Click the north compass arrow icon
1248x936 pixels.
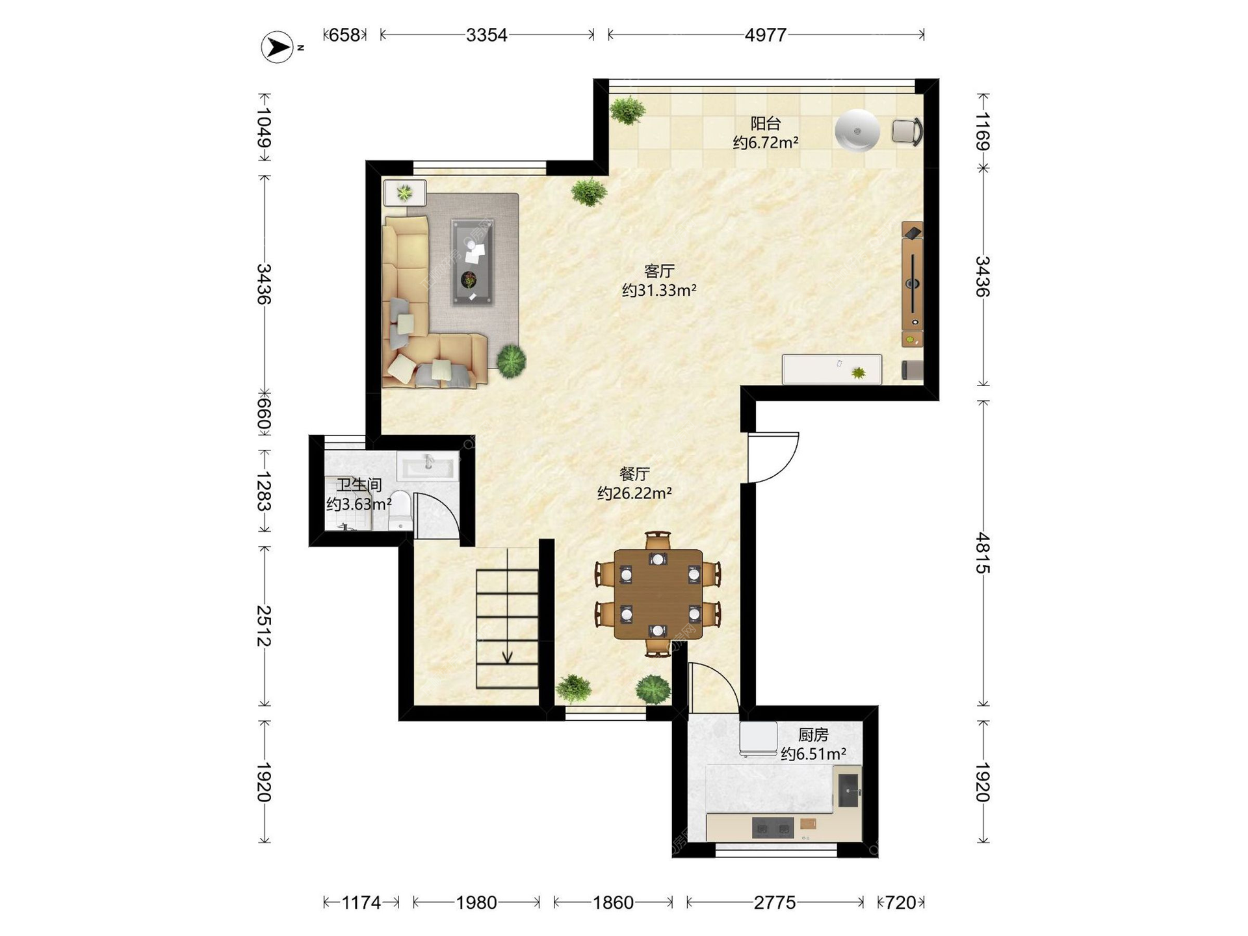pyautogui.click(x=278, y=47)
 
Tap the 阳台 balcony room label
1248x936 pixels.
pyautogui.click(x=765, y=123)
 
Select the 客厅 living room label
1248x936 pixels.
pyautogui.click(x=659, y=271)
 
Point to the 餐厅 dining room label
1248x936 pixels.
pyautogui.click(x=634, y=474)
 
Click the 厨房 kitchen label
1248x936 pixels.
pyautogui.click(x=813, y=735)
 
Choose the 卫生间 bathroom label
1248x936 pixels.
pyautogui.click(x=359, y=485)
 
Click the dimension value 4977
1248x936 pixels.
pyautogui.click(x=766, y=35)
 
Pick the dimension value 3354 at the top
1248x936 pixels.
pyautogui.click(x=486, y=35)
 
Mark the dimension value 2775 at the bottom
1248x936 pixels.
pyautogui.click(x=775, y=902)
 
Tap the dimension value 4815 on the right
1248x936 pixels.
pyautogui.click(x=982, y=553)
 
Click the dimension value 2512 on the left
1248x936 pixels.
pyautogui.click(x=263, y=626)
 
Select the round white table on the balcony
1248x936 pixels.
pyautogui.click(x=857, y=131)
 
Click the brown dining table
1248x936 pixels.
pyautogui.click(x=658, y=594)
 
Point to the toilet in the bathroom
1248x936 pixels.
pyautogui.click(x=400, y=510)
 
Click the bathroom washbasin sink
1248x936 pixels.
pyautogui.click(x=428, y=467)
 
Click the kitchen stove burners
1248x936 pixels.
pyautogui.click(x=773, y=828)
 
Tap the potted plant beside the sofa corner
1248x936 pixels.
pyautogui.click(x=512, y=360)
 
